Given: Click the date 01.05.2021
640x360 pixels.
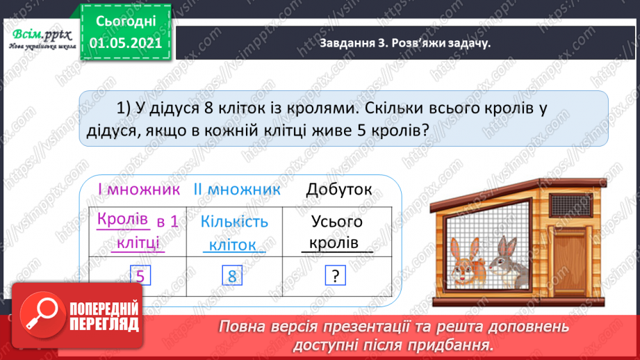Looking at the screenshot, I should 126,43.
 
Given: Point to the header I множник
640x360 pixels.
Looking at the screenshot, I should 138,190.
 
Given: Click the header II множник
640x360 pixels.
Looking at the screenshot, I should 237,190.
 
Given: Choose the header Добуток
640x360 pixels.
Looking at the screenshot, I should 338,190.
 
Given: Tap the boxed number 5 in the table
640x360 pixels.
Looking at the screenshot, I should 140,277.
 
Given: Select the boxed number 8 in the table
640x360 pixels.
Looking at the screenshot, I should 232,277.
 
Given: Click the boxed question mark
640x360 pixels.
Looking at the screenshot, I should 335,277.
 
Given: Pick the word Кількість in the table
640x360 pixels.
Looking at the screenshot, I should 234,222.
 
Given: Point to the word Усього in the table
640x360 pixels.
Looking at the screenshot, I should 337,222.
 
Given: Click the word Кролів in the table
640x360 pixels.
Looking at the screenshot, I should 124,220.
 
